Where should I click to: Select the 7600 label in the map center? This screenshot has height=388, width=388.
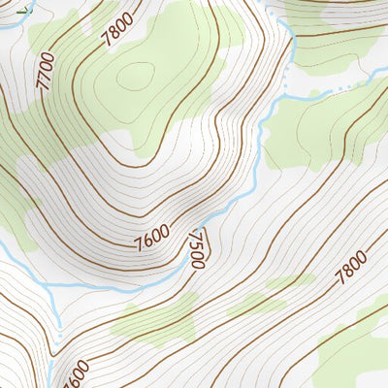[152, 236]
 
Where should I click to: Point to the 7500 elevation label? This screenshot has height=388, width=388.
[197, 250]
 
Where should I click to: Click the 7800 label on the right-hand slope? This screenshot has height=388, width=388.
[350, 266]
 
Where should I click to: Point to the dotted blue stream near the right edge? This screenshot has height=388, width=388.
[339, 89]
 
